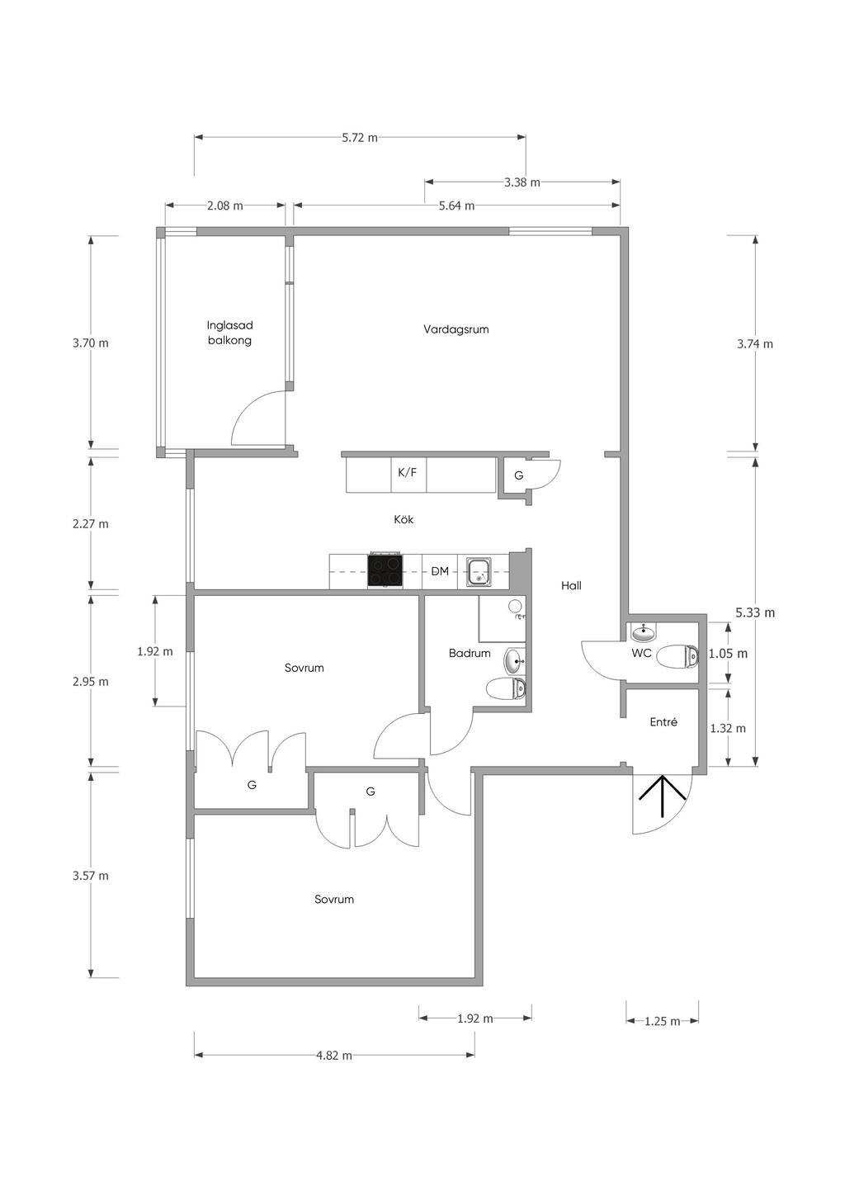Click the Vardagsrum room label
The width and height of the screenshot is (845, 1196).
[456, 329]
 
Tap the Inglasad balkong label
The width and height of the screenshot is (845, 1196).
[229, 333]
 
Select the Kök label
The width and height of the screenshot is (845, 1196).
[404, 519]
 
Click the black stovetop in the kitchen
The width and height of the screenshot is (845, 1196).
[385, 571]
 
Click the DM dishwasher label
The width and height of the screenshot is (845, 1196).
[440, 571]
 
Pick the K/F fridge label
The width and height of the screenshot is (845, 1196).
[408, 472]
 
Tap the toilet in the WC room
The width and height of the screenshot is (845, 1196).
[678, 656]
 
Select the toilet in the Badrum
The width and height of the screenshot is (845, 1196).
[506, 688]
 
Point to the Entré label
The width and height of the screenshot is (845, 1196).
[663, 722]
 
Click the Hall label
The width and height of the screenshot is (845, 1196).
[571, 586]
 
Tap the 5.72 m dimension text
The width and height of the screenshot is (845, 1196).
[360, 138]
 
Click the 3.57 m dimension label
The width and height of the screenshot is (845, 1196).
[91, 877]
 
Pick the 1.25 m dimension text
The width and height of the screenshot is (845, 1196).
[663, 1022]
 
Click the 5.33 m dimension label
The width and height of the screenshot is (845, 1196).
[755, 613]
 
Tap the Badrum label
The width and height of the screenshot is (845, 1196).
[470, 653]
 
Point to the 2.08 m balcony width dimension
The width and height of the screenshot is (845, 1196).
[225, 206]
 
